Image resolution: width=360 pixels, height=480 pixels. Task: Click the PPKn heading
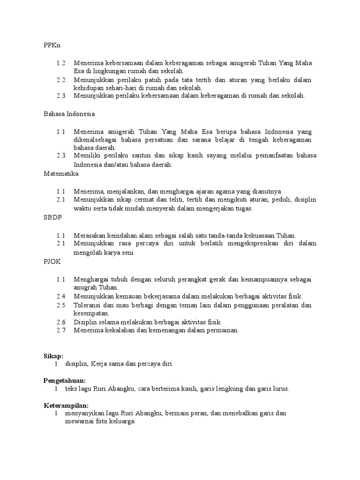(x=52, y=45)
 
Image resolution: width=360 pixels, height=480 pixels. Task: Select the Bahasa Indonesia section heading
(x=69, y=113)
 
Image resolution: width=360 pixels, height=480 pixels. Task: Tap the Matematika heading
(x=61, y=173)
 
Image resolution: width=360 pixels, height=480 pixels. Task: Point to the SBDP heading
(x=53, y=218)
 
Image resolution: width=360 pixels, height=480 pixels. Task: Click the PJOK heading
(x=52, y=262)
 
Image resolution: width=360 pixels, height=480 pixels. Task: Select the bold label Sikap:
(x=53, y=356)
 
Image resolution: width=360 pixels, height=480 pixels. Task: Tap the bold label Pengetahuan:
(x=65, y=381)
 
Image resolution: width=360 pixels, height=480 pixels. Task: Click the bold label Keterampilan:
(x=66, y=405)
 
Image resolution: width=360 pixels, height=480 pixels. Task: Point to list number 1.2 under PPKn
(x=61, y=63)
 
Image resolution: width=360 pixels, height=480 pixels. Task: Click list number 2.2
(x=61, y=80)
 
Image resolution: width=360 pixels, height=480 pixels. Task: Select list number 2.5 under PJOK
(x=61, y=305)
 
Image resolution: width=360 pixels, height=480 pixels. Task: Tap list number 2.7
(x=61, y=330)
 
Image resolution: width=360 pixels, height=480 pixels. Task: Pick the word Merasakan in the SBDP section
(x=89, y=235)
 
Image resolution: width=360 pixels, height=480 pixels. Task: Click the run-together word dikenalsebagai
(x=96, y=140)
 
